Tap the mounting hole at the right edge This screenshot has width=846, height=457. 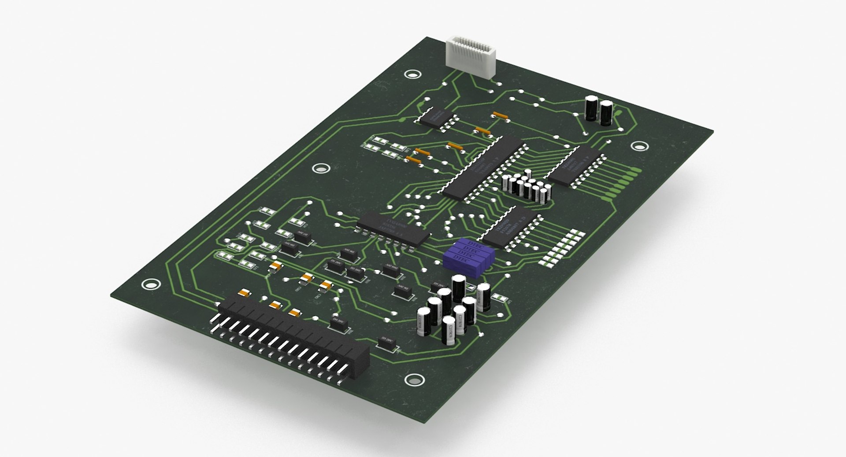[x=638, y=147]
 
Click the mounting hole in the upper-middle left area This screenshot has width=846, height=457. [x=320, y=169]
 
